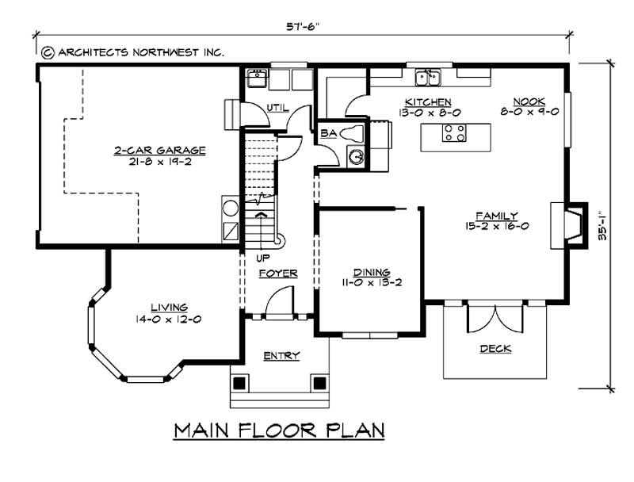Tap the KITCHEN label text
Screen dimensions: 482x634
click(x=428, y=102)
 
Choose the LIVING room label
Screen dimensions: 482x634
click(x=169, y=308)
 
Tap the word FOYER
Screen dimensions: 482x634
click(x=278, y=274)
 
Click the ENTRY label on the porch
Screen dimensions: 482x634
click(x=281, y=356)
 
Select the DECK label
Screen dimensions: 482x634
click(x=495, y=349)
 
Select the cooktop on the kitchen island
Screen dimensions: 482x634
click(x=453, y=132)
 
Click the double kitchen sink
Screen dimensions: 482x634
click(x=429, y=78)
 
